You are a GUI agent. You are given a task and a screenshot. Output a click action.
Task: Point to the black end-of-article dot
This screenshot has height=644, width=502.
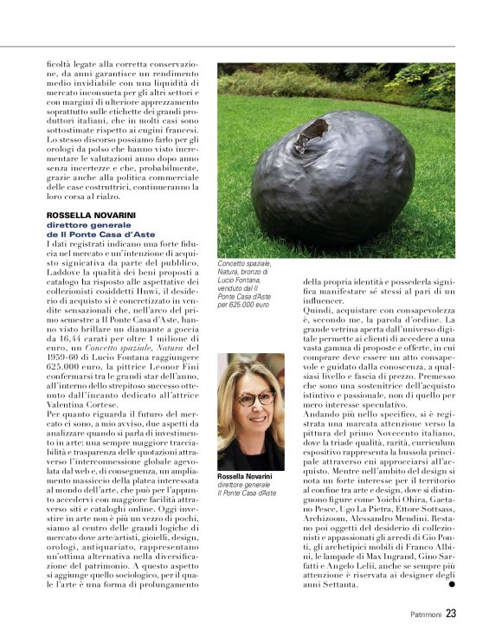(450, 585)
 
